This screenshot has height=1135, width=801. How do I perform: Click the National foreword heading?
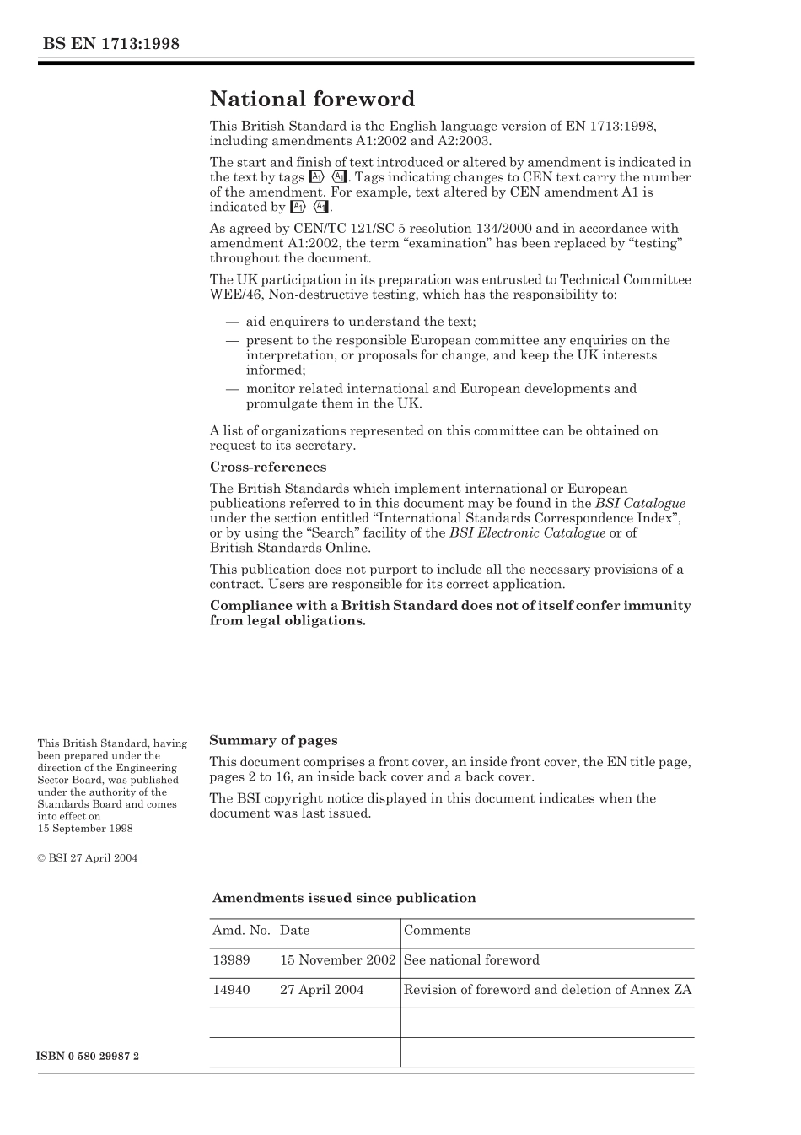[312, 100]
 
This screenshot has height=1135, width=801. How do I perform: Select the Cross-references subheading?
[267, 467]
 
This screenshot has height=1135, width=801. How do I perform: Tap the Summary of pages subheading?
[273, 740]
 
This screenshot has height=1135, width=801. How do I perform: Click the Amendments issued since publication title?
[343, 898]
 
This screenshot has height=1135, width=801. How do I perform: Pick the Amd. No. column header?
[241, 930]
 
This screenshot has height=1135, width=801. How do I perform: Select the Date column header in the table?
[294, 930]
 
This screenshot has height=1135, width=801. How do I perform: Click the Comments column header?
[437, 930]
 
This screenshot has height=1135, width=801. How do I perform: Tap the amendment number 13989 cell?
[231, 960]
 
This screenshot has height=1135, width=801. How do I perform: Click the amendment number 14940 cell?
[231, 990]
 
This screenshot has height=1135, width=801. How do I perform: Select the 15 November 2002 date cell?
[337, 960]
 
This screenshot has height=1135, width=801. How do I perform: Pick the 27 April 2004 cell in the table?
[321, 990]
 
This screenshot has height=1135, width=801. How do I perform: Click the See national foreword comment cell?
[471, 960]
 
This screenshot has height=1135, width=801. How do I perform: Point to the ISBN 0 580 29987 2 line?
[89, 1056]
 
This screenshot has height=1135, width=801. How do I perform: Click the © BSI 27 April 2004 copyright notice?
[87, 858]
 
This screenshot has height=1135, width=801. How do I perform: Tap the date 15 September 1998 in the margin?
[85, 829]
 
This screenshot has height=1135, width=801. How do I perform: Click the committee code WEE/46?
[234, 295]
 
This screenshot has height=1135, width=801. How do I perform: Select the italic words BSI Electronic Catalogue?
[527, 532]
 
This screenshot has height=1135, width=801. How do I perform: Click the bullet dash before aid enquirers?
[232, 322]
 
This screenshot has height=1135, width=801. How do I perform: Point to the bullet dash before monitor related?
[232, 389]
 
